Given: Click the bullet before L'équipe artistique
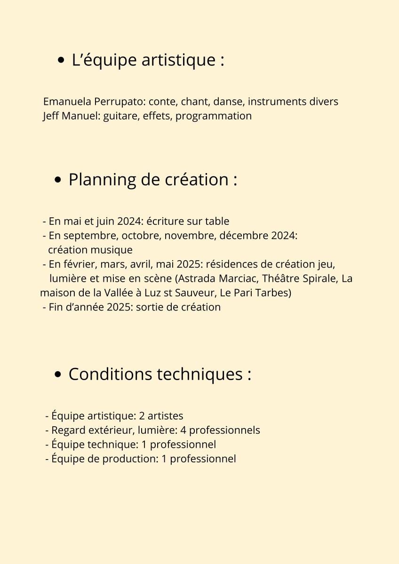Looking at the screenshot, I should pyautogui.click(x=61, y=61).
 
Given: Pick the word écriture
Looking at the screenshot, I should pyautogui.click(x=165, y=221).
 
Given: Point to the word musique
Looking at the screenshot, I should pyautogui.click(x=113, y=250).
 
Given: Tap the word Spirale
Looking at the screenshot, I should pyautogui.click(x=320, y=278).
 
